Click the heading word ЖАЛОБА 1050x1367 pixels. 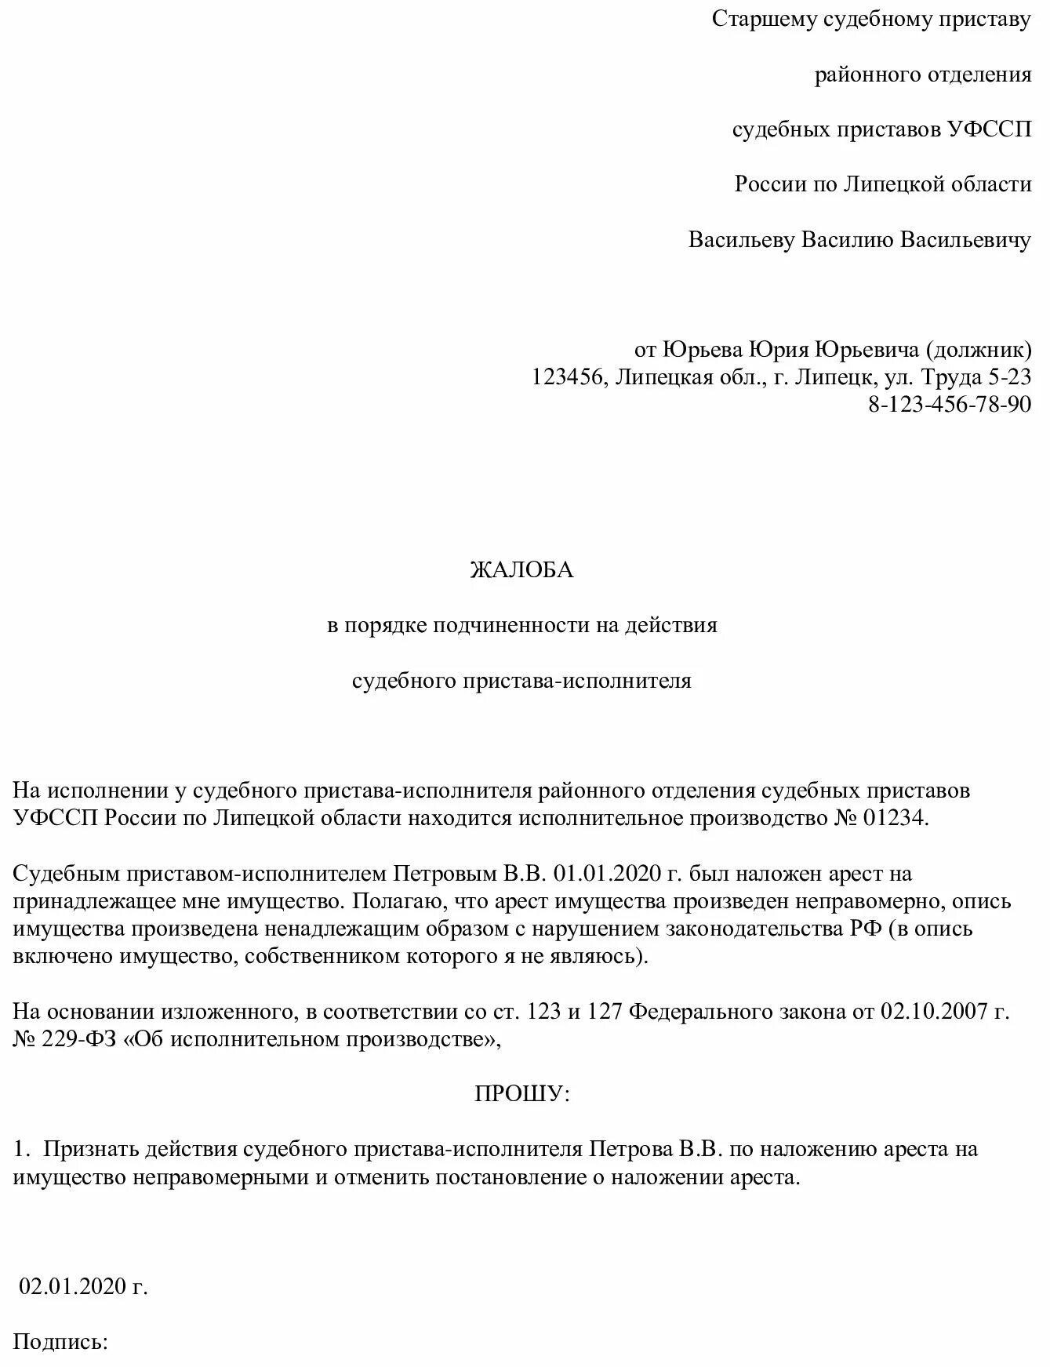pyautogui.click(x=521, y=570)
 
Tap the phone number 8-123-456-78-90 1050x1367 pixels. pyautogui.click(x=950, y=404)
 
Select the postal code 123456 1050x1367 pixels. pyautogui.click(x=569, y=376)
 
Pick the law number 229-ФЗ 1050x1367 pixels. pyautogui.click(x=81, y=1039)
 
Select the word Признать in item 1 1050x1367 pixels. pyautogui.click(x=91, y=1149)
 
